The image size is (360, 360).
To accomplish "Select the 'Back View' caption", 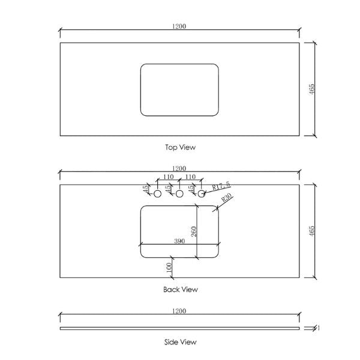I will click(180, 289).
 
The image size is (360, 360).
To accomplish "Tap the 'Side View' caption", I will click(180, 342).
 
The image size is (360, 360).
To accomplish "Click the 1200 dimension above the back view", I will click(179, 169).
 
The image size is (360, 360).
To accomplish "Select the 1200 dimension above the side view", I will click(179, 311).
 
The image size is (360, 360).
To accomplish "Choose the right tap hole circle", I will click(202, 194).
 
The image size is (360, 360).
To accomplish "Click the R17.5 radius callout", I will click(221, 186).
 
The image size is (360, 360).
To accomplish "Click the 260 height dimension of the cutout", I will click(193, 231).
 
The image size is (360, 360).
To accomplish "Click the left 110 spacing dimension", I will click(168, 178).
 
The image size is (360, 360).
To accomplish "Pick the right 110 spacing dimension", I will click(191, 178).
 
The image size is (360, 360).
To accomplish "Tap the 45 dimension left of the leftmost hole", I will click(145, 188).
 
